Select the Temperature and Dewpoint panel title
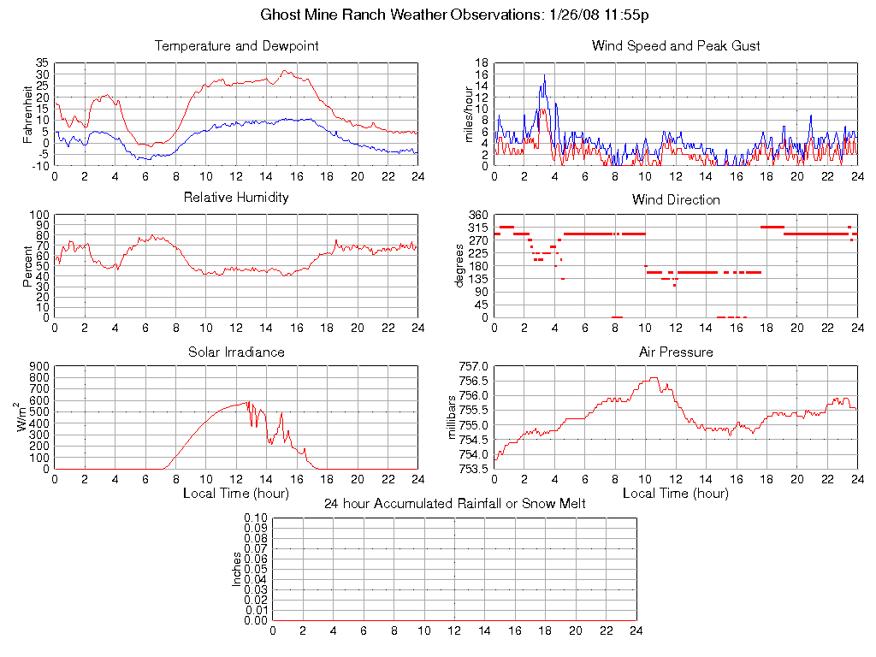point(236,46)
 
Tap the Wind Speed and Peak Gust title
point(676,46)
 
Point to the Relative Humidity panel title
point(236,198)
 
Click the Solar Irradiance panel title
point(236,352)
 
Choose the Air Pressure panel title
point(676,352)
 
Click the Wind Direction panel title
point(676,200)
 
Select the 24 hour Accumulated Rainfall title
point(454,504)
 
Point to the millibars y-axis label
point(454,417)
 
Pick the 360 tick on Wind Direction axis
point(478,215)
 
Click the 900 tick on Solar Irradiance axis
point(39,366)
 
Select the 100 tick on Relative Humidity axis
point(39,215)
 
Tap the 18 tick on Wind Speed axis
point(482,63)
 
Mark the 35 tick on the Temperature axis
point(42,63)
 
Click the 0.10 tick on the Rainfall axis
point(256,518)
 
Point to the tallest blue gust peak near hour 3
point(544,75)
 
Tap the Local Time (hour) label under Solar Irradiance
point(236,494)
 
